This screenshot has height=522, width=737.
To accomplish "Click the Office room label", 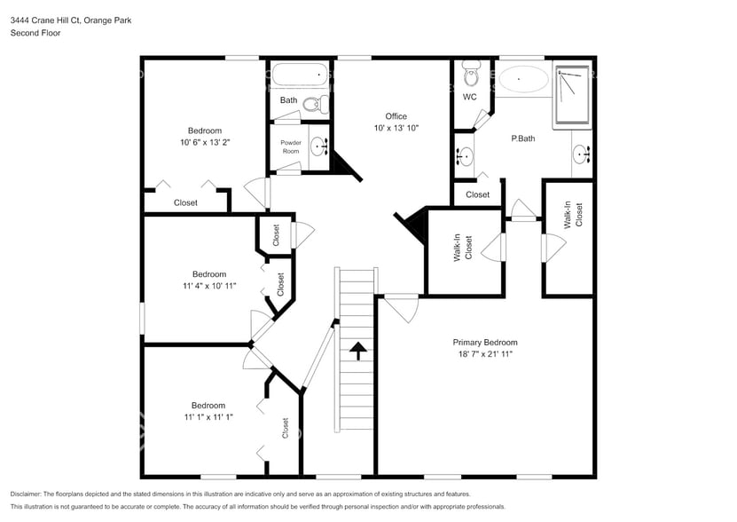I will (396, 116).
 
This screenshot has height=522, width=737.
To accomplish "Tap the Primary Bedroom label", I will (484, 342).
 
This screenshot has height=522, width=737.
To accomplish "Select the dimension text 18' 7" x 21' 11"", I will (484, 353).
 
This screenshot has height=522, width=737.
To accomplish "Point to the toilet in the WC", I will (471, 70).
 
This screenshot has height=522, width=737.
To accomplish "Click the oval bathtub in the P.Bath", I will (522, 80).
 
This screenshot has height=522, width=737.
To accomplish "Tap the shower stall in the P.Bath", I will (574, 94).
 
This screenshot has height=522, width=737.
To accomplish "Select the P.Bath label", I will (523, 138).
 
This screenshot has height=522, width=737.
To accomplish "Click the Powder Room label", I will (291, 146).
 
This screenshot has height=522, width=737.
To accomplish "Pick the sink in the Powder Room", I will (318, 146).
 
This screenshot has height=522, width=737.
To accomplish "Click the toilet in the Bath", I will (314, 105).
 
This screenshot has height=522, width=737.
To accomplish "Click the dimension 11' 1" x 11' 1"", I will (208, 416).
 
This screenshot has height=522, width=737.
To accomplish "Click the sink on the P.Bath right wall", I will (582, 155).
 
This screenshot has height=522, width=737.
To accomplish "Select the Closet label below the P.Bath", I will (477, 194).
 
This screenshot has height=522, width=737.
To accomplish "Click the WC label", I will (469, 97).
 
